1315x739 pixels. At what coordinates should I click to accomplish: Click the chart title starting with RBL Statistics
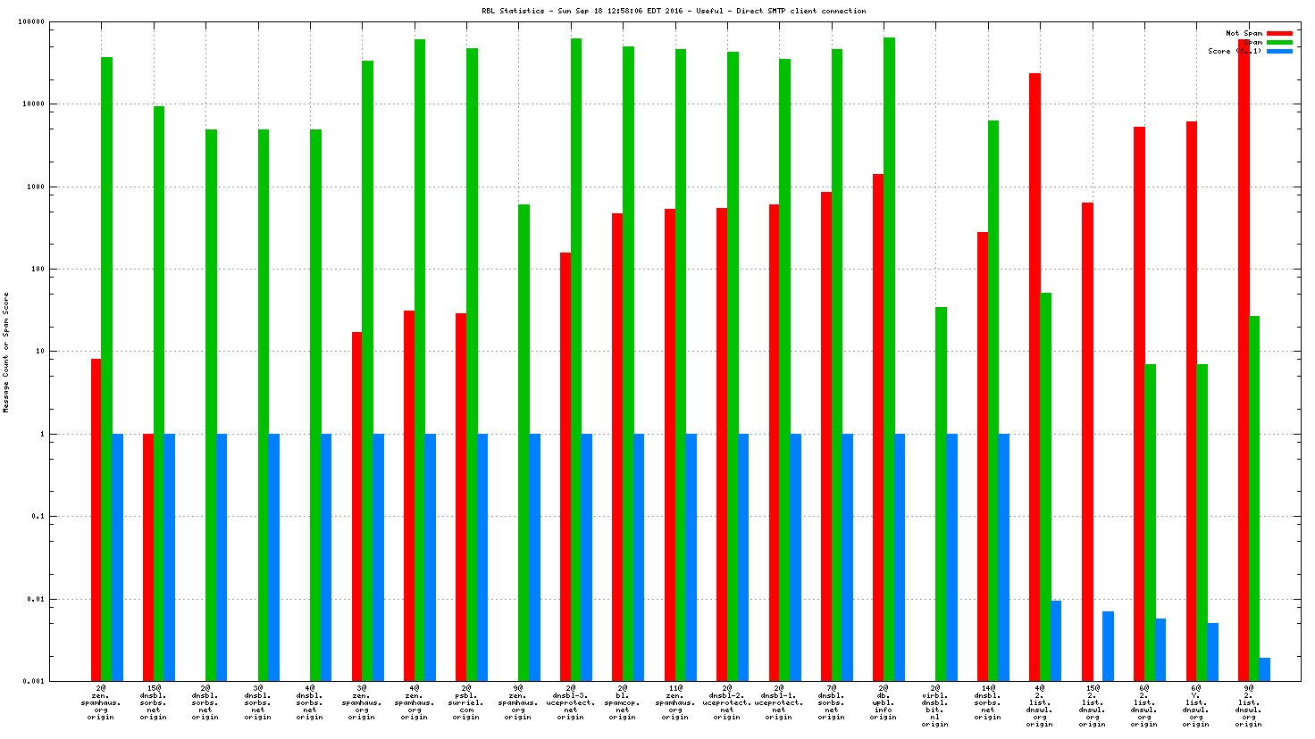pos(674,11)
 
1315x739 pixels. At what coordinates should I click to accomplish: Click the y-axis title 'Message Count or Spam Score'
pos(6,353)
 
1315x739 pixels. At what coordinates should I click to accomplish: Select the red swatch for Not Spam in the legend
pos(1279,33)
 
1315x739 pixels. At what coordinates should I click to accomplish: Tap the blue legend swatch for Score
pos(1279,51)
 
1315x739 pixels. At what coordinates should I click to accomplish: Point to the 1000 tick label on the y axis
pos(33,187)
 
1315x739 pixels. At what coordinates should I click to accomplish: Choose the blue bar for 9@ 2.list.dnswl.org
pos(1264,668)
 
